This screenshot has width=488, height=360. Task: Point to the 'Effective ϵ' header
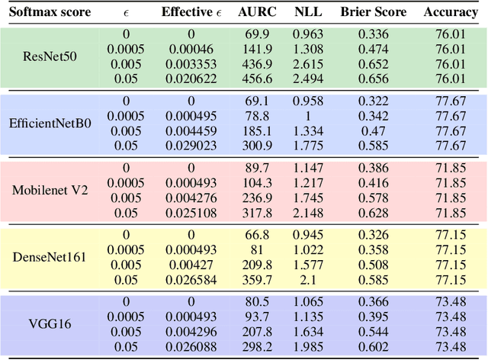191,12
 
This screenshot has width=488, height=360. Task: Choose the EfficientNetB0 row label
50,124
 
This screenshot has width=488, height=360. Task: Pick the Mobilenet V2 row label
50,190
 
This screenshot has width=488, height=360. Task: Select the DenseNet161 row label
50,257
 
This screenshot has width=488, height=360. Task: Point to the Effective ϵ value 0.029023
190,145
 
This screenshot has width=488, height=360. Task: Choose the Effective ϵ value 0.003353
190,63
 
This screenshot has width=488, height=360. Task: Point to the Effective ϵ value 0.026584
190,279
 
